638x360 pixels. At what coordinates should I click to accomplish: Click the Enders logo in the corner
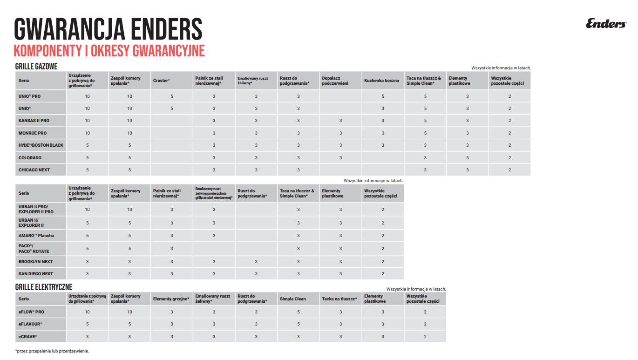pyautogui.click(x=606, y=24)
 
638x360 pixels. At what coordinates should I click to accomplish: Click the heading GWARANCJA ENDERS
pyautogui.click(x=108, y=29)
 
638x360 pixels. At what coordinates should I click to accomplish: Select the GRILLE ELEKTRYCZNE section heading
pyautogui.click(x=44, y=287)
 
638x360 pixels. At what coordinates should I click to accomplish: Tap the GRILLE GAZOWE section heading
pyautogui.click(x=36, y=67)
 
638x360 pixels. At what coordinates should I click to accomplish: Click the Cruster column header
pyautogui.click(x=162, y=81)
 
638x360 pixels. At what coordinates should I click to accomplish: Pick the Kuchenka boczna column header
pyautogui.click(x=381, y=81)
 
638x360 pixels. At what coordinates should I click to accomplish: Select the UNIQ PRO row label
pyautogui.click(x=29, y=96)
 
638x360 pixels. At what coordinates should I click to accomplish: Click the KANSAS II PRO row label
pyautogui.click(x=34, y=121)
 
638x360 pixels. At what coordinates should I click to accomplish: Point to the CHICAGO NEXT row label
pyautogui.click(x=34, y=170)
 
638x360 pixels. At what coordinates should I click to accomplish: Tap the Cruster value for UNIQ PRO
pyautogui.click(x=172, y=96)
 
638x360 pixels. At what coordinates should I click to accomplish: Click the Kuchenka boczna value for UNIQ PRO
pyautogui.click(x=383, y=96)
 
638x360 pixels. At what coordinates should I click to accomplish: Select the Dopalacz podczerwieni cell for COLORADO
pyautogui.click(x=340, y=158)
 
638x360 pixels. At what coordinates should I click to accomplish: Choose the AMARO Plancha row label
pyautogui.click(x=36, y=236)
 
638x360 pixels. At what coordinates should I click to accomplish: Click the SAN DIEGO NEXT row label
pyautogui.click(x=36, y=274)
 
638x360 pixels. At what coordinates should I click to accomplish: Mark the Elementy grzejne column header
pyautogui.click(x=171, y=299)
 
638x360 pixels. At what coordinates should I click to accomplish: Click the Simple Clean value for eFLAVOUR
pyautogui.click(x=299, y=324)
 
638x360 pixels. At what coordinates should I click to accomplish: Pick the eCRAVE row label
pyautogui.click(x=27, y=336)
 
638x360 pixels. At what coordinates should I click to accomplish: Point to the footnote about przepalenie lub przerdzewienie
pyautogui.click(x=52, y=351)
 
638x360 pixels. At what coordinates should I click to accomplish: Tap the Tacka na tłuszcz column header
pyautogui.click(x=339, y=299)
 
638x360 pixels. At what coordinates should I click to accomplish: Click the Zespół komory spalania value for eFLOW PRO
pyautogui.click(x=129, y=312)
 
